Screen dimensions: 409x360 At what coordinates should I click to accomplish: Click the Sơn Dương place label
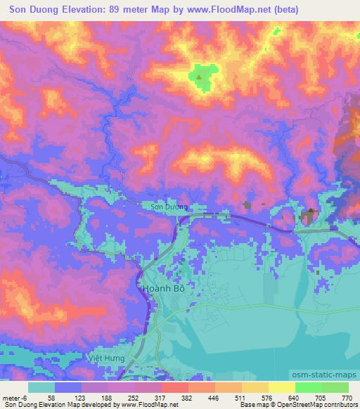(169, 207)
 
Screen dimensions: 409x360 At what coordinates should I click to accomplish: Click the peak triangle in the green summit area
(199, 76)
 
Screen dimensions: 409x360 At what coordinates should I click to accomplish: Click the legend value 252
(125, 397)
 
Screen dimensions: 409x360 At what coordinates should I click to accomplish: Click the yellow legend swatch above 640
(282, 387)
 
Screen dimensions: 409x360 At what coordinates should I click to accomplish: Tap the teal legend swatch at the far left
(41, 387)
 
